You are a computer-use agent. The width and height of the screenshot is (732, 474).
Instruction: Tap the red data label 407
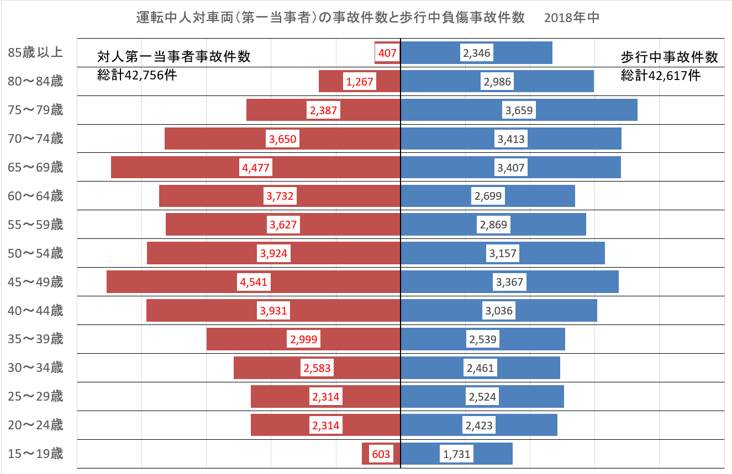tap(387, 53)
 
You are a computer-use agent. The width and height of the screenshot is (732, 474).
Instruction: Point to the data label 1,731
tap(456, 454)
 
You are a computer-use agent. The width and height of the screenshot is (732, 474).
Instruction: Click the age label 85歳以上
tap(36, 52)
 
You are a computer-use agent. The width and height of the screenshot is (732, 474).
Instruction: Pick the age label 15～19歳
tap(36, 454)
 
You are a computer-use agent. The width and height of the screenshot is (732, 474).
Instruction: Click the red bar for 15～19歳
tap(368, 454)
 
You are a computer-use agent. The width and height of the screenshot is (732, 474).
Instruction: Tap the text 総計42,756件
tap(137, 75)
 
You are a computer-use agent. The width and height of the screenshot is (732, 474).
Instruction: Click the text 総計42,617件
tap(661, 75)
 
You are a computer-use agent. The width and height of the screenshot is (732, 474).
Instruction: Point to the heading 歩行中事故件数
tap(669, 57)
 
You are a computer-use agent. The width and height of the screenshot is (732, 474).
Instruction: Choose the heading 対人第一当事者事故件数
tap(173, 57)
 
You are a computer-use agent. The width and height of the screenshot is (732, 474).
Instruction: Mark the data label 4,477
tap(256, 167)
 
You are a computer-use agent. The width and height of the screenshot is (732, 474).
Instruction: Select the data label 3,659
tap(519, 110)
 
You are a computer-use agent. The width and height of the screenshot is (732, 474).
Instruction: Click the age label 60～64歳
tap(36, 196)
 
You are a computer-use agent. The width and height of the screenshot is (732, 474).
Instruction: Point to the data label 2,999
tap(303, 339)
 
